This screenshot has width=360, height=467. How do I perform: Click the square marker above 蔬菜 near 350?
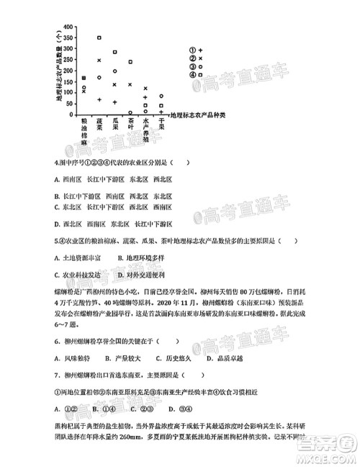pos(99,37)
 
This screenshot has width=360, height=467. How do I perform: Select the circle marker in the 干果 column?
pos(161,96)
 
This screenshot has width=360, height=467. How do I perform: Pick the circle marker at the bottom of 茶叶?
pos(130,112)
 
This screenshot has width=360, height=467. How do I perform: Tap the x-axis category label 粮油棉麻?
pos(84,135)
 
